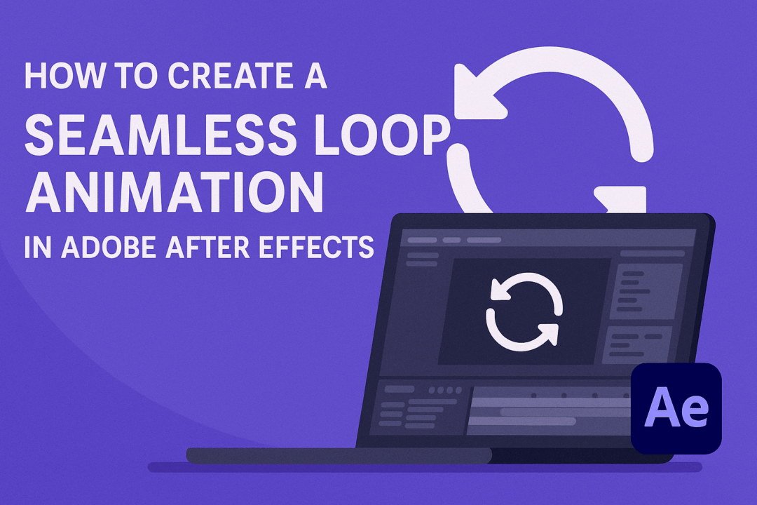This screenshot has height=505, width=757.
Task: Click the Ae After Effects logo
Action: (676, 408)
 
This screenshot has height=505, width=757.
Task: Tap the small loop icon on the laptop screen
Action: (524, 311)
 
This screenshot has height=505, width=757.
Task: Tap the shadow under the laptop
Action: (421, 467)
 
